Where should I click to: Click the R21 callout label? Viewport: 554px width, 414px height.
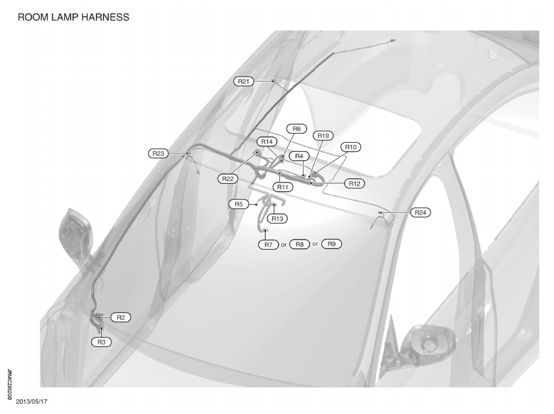[244, 82]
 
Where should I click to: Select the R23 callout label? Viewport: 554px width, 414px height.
[158, 154]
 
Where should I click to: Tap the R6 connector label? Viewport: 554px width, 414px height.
[296, 129]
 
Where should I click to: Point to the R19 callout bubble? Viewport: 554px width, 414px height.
[323, 135]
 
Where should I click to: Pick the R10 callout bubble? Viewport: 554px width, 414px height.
[351, 147]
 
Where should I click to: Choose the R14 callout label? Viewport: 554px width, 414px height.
[267, 141]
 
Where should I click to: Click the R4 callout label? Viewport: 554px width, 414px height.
[299, 156]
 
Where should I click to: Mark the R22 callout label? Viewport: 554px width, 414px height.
[228, 178]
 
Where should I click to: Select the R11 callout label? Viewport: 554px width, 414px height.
[282, 187]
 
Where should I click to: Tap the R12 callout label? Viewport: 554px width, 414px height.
[354, 184]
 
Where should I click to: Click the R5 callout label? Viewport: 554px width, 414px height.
[239, 204]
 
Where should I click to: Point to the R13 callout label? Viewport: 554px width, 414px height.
[278, 218]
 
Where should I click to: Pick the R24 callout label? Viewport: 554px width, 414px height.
[420, 213]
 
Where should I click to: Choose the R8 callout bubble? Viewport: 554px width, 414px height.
[299, 244]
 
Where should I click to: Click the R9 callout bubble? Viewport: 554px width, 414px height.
[331, 244]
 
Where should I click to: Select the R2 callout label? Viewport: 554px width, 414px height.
[121, 317]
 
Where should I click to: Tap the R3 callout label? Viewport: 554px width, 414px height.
[102, 342]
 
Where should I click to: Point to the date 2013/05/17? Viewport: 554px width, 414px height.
[31, 402]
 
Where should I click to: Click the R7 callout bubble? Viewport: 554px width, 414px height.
[269, 244]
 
